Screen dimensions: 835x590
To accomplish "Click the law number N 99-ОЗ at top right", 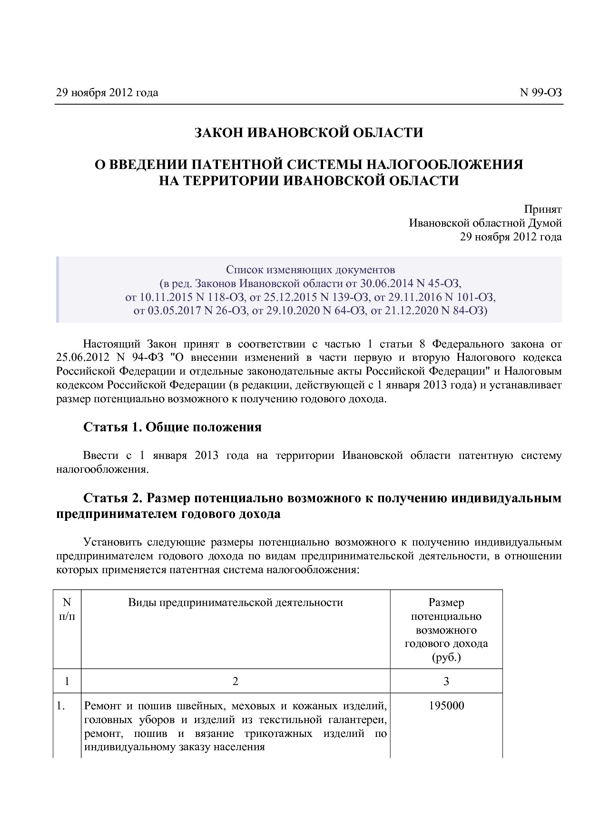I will [x=541, y=93].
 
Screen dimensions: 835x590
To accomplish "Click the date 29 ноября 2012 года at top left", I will [x=107, y=93].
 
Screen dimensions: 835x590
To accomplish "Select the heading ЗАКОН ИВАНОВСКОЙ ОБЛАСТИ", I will [x=308, y=132].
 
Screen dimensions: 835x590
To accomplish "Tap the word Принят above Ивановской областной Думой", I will [x=542, y=209].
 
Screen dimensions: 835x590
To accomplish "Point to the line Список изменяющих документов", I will [x=310, y=270].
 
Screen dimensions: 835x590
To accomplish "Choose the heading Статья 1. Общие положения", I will [x=172, y=427].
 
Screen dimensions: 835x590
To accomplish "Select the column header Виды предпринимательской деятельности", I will [x=236, y=603].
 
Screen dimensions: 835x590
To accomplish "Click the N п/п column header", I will [x=67, y=609].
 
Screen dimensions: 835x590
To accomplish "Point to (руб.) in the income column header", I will [x=446, y=658].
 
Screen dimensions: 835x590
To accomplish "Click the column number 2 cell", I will [x=235, y=681].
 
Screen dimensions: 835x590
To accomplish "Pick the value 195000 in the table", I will [x=446, y=706].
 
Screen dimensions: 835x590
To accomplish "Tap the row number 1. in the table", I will [x=60, y=706].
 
